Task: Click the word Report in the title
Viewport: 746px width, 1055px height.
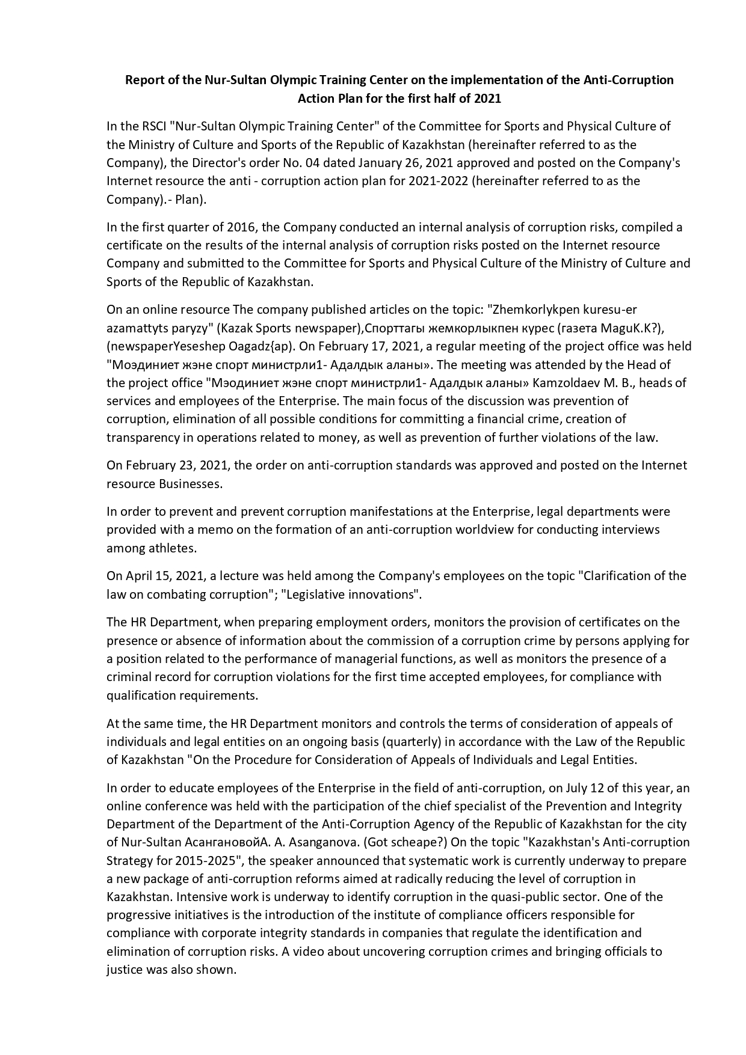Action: click(144, 80)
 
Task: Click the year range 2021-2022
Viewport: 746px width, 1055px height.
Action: click(438, 181)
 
